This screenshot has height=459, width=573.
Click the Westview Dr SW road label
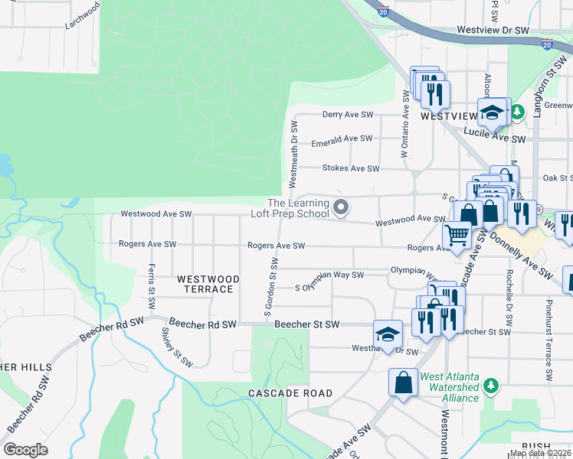(x=493, y=30)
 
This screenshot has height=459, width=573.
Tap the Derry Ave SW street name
(x=347, y=114)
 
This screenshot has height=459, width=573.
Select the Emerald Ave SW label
(x=342, y=139)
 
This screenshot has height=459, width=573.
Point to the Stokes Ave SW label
(x=351, y=168)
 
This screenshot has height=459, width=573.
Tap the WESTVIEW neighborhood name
(x=448, y=116)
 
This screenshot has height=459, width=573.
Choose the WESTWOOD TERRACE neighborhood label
(x=205, y=284)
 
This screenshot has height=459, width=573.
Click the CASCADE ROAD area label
(x=290, y=393)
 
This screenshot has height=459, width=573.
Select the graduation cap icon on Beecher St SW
(x=388, y=334)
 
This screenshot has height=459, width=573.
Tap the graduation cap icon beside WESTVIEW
(x=493, y=113)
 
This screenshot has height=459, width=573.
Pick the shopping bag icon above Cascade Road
(x=403, y=382)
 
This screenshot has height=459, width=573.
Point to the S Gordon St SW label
(x=271, y=287)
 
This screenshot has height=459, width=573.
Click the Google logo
(x=26, y=450)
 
